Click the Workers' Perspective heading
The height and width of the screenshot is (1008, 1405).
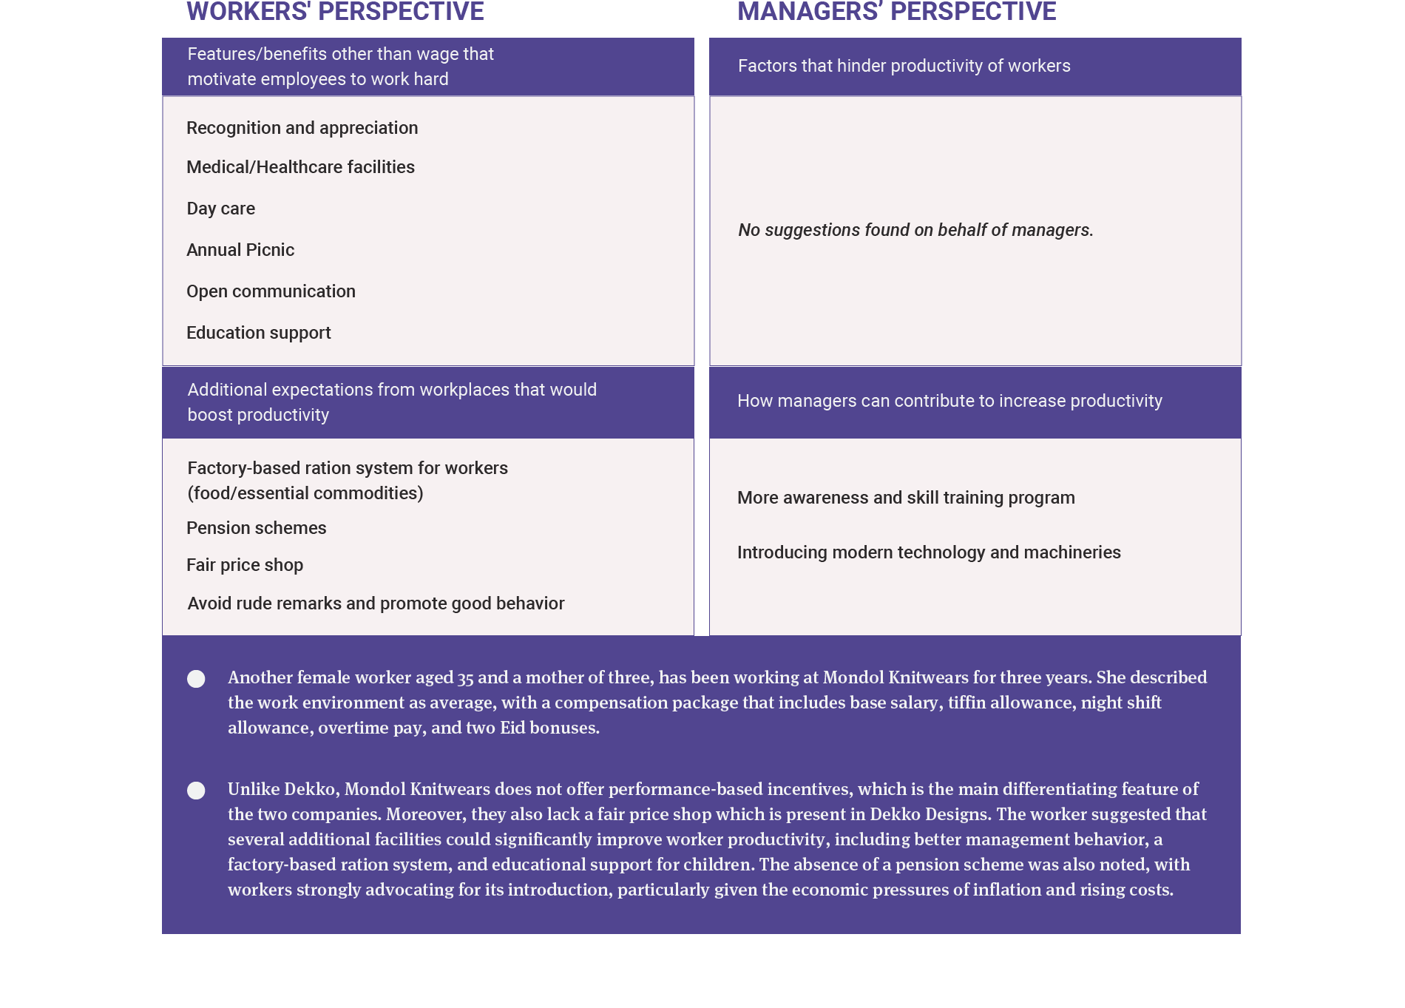click(x=335, y=12)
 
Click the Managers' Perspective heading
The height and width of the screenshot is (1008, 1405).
click(x=896, y=12)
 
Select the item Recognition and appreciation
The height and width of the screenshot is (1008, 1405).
click(x=302, y=128)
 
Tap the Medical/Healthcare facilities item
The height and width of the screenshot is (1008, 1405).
click(x=300, y=167)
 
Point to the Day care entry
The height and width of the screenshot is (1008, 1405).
click(x=220, y=209)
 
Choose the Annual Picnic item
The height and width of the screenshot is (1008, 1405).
click(x=240, y=250)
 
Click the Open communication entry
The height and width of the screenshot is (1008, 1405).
click(x=271, y=291)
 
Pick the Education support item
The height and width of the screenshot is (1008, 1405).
click(x=258, y=333)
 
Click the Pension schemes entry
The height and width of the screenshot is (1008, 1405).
click(x=256, y=528)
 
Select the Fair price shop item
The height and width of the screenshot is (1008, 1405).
click(x=245, y=565)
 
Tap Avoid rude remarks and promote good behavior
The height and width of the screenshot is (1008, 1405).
click(x=376, y=603)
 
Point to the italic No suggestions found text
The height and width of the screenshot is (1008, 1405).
click(x=915, y=230)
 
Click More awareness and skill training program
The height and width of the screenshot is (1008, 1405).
click(x=906, y=498)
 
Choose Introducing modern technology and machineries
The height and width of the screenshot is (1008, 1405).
click(x=929, y=552)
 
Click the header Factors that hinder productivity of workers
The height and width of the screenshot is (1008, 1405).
click(x=904, y=66)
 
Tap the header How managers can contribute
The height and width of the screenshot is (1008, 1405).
click(x=949, y=401)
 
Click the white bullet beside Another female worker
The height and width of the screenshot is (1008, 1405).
click(x=196, y=679)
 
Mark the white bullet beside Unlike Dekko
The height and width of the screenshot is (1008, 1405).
click(x=196, y=791)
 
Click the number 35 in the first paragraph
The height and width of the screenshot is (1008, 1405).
click(x=465, y=678)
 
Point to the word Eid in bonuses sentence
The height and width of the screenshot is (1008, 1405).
click(x=512, y=728)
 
